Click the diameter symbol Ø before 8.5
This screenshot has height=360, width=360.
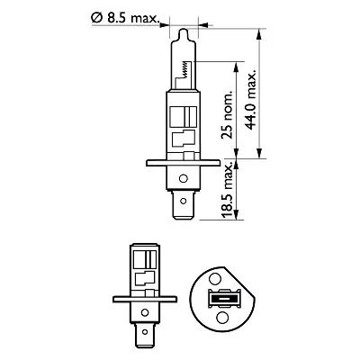point(97,16)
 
